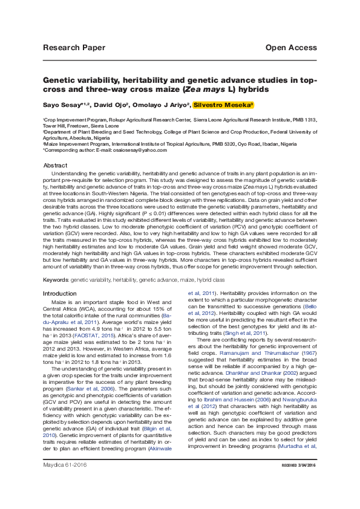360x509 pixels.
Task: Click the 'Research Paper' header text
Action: (x=74, y=48)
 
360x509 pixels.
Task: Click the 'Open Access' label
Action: (x=290, y=48)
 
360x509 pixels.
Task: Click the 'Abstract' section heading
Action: (x=56, y=165)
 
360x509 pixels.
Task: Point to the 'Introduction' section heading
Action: (x=60, y=293)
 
